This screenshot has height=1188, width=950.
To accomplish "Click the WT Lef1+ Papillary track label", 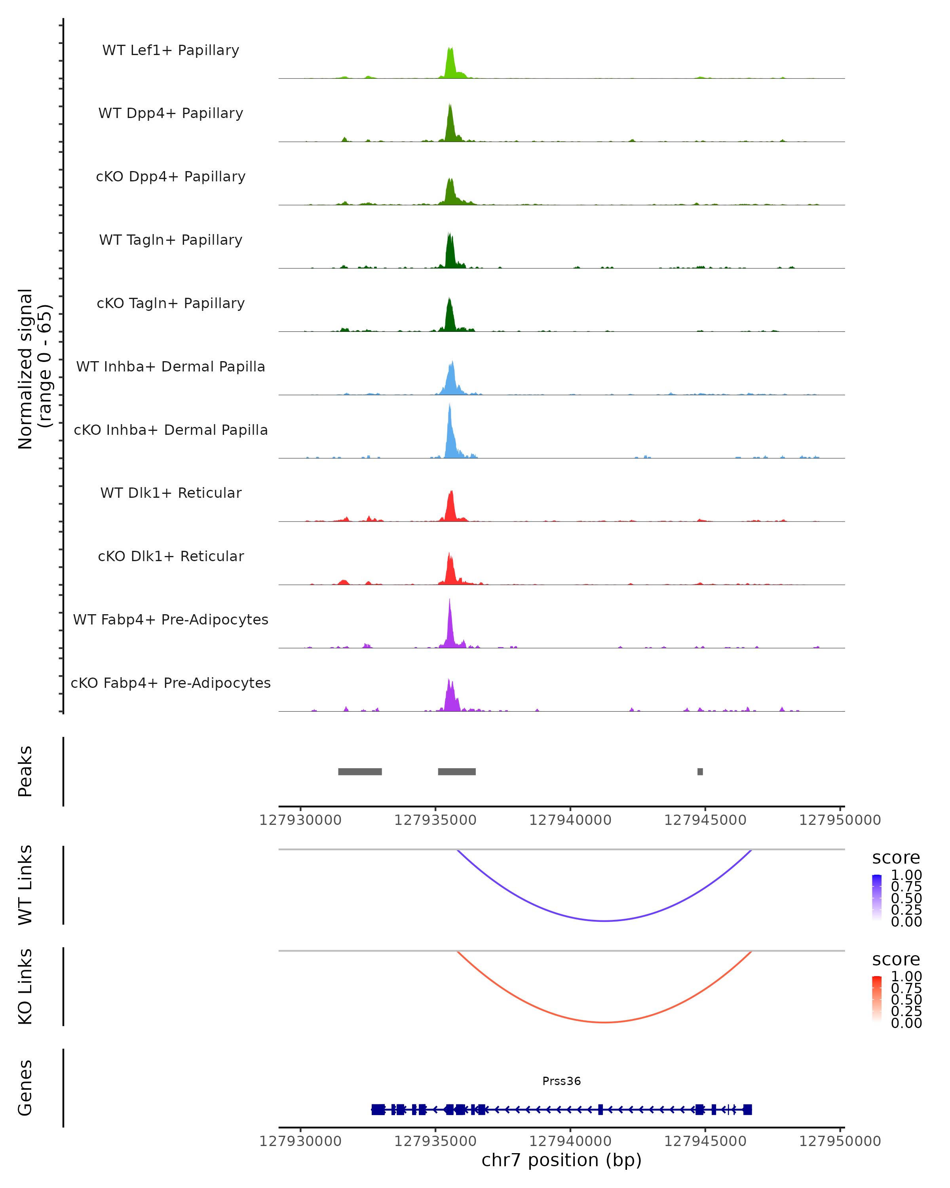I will pos(171,50).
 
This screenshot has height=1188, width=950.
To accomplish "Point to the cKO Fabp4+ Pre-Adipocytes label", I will pos(171,683).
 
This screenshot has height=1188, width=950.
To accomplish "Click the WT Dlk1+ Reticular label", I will pos(171,493).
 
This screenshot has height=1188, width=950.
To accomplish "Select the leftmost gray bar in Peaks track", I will pos(360,771).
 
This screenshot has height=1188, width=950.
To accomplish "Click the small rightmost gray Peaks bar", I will pos(700,771).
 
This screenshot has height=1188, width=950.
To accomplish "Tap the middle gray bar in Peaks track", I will pos(456,771).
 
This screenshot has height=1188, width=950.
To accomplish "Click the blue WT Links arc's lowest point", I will pos(605,921).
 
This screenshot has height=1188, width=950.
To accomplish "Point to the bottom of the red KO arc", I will pos(605,1022).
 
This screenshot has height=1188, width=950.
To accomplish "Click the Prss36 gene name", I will pos(561,1081).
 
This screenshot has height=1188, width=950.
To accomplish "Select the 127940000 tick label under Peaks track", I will pos(570,821).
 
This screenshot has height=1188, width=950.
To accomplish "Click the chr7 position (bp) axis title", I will pos(561,1160).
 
